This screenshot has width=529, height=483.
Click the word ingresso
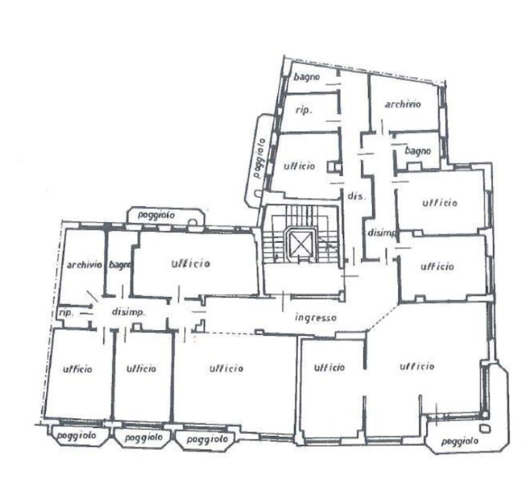click(316, 317)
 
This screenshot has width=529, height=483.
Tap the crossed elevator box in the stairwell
click(300, 244)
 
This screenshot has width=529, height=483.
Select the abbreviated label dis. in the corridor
click(357, 196)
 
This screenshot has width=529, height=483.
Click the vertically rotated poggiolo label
click(260, 157)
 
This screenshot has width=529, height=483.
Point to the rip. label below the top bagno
click(304, 110)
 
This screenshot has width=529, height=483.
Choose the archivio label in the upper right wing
click(403, 104)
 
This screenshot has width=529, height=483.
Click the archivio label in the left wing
click(84, 265)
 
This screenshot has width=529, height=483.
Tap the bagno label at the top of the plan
click(306, 77)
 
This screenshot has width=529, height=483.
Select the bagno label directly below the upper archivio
click(418, 151)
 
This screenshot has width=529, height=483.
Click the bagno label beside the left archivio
click(119, 265)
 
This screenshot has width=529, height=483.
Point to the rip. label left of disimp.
click(66, 313)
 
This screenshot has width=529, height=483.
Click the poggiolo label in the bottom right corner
click(459, 441)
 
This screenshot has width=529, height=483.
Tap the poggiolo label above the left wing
click(156, 215)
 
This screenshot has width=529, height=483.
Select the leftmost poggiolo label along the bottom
click(77, 436)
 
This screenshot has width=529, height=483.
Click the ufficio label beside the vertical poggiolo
click(299, 166)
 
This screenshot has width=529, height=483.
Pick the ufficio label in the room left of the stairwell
click(190, 263)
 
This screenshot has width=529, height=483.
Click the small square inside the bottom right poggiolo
click(484, 429)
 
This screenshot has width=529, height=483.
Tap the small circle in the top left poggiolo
click(192, 222)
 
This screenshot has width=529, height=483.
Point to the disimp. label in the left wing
click(128, 312)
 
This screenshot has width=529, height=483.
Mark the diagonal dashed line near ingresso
click(384, 317)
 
